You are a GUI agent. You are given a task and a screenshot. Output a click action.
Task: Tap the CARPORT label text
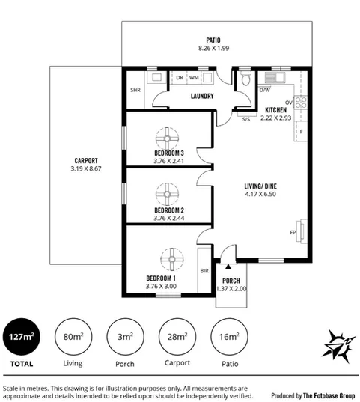tap(86, 160)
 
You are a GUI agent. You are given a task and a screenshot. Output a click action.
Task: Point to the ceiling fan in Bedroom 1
tap(171, 260)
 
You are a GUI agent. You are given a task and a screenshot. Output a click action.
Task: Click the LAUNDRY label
tap(203, 96)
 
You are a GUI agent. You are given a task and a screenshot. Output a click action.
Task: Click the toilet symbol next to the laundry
tap(245, 80)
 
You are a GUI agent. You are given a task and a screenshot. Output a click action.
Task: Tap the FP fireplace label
tap(293, 233)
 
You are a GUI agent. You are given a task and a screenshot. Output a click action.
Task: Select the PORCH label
tap(231, 281)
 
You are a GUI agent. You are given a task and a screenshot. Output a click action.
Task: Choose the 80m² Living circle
tap(73, 337)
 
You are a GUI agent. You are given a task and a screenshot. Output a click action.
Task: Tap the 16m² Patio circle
tap(228, 337)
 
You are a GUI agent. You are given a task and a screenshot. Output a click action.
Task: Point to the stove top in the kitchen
tap(300, 103)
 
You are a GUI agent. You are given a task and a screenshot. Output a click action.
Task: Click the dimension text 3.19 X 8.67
tap(86, 170)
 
